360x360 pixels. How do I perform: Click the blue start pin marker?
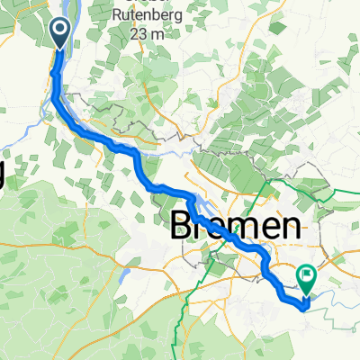pyautogui.click(x=60, y=33)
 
